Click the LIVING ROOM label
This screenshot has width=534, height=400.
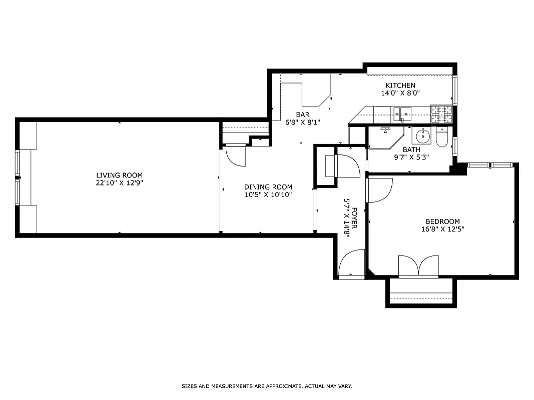119,175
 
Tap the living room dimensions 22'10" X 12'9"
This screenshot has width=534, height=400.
119,183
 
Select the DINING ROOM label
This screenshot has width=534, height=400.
268,187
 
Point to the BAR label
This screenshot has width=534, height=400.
302,114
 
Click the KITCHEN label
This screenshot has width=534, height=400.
400,85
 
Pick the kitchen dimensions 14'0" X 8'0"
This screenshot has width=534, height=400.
400,93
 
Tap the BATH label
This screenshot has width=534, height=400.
411,149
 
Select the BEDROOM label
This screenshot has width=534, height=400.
442,221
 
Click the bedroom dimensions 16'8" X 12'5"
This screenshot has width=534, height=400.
442,229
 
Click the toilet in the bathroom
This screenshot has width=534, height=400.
442,137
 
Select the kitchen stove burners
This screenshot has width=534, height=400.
441,114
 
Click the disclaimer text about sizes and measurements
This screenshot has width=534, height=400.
267,386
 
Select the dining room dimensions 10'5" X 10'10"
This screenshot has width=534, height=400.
268,194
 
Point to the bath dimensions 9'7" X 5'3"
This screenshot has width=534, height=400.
411,157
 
